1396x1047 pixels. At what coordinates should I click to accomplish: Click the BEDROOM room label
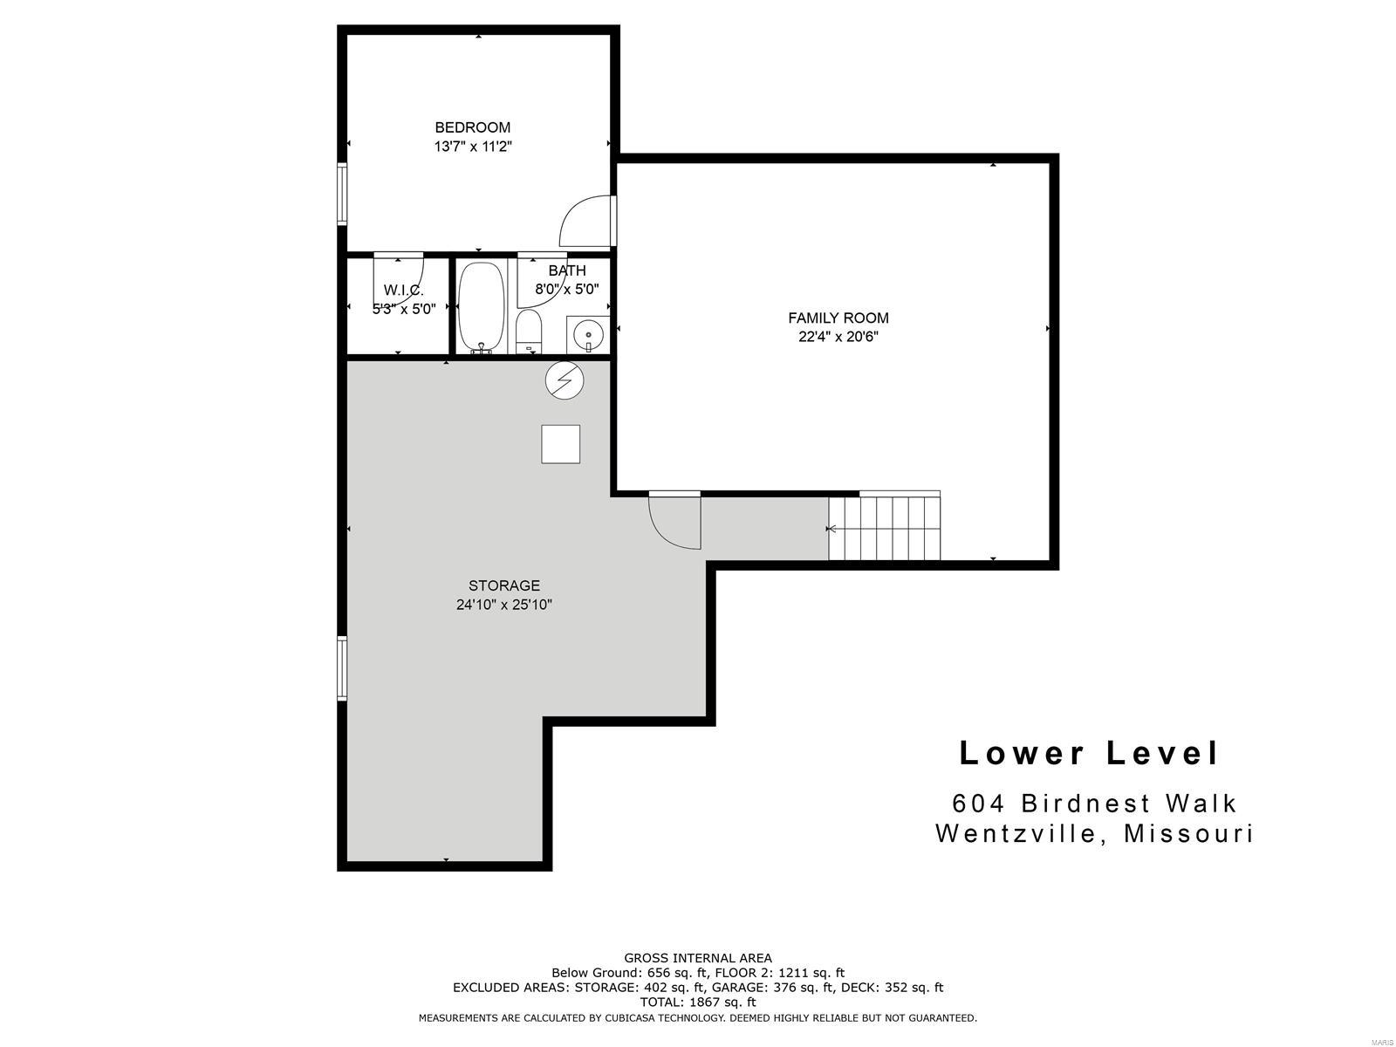472,127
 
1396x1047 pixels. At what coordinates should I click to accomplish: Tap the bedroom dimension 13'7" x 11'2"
473,147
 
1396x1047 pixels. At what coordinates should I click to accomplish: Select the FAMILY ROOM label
838,318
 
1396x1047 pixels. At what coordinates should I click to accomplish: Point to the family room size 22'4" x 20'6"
838,337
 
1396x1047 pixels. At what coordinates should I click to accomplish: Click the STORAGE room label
503,585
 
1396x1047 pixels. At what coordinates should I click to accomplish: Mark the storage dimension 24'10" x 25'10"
503,605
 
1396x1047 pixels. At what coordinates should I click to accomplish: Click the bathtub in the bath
482,308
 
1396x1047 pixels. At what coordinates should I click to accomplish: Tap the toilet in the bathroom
528,332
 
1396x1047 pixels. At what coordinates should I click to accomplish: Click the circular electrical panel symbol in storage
565,380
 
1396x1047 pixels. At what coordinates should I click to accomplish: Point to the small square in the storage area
560,444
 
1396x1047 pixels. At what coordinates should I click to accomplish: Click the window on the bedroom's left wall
342,194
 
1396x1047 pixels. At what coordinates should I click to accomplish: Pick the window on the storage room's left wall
342,668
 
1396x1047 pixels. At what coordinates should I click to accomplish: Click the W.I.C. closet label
403,291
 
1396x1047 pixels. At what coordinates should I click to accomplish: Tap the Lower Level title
1088,753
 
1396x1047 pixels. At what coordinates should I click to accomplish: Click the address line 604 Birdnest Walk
1094,804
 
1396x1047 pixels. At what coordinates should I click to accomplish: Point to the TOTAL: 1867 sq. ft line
698,1003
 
